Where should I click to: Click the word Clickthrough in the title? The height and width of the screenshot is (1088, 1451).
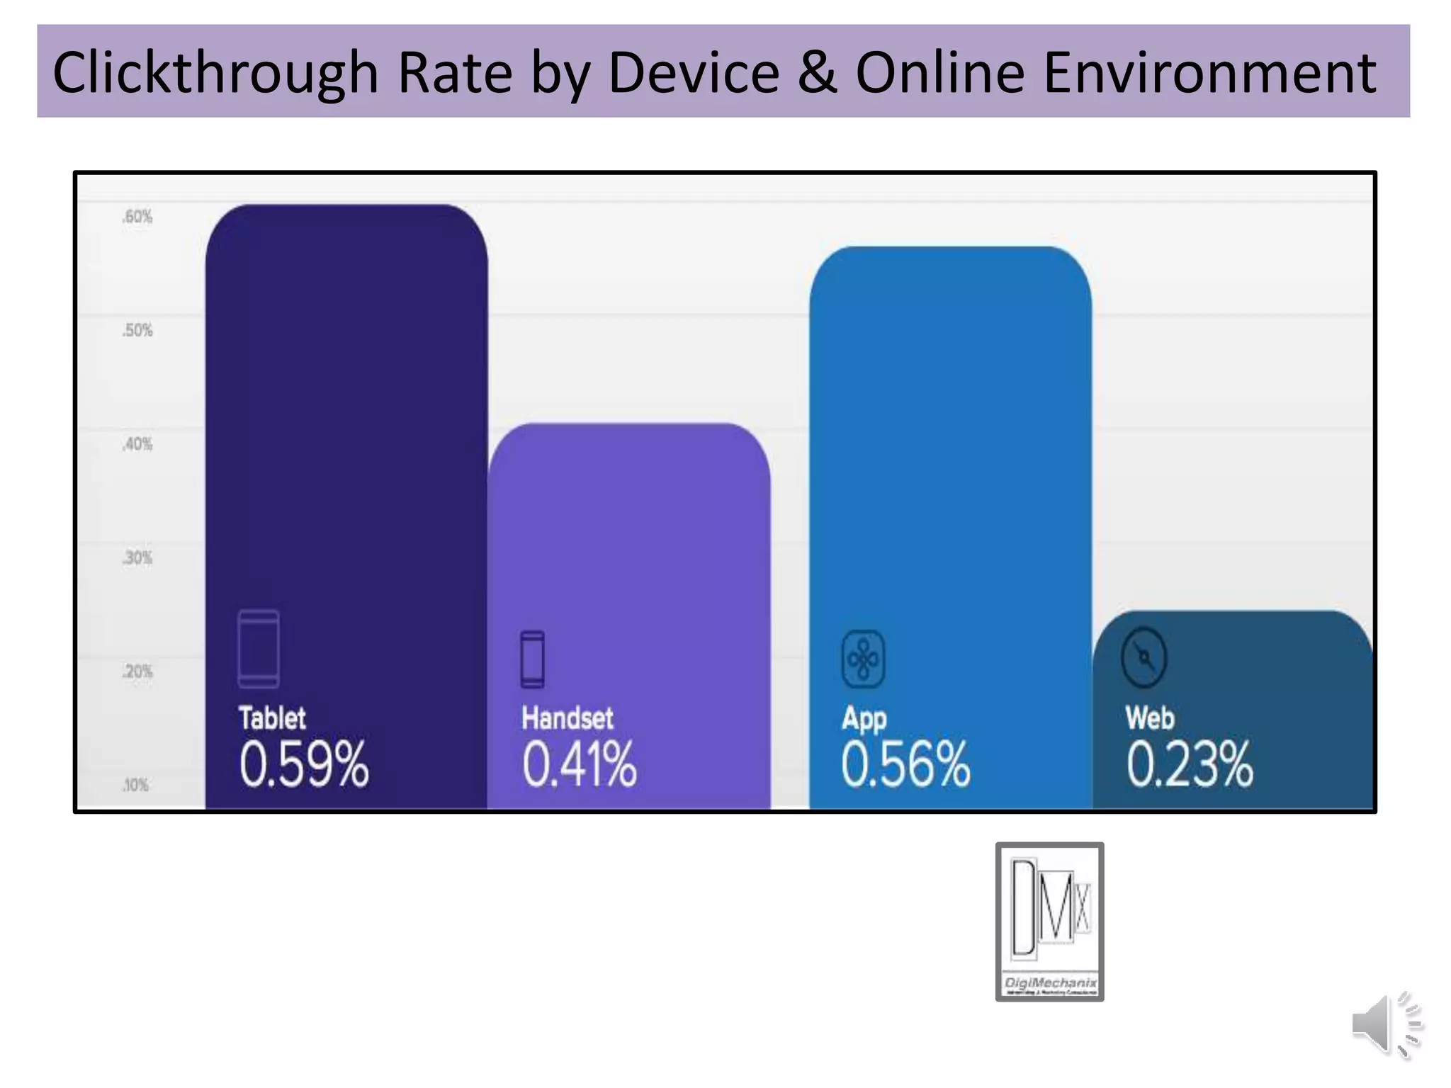215,73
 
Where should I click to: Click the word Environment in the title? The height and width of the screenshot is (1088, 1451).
1209,73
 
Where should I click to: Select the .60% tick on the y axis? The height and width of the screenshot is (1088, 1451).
137,217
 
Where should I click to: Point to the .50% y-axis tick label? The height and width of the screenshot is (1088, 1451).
137,330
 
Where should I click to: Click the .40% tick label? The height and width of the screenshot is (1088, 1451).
137,444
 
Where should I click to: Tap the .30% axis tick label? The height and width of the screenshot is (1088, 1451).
137,558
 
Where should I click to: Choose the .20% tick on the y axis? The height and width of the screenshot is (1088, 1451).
137,671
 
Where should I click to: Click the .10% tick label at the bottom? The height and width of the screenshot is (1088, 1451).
136,785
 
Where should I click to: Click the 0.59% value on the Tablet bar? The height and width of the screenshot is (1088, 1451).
303,764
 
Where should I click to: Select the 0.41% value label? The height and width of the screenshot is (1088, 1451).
579,764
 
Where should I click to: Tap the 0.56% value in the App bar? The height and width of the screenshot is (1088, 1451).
905,764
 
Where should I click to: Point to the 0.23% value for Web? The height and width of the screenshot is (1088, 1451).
1190,764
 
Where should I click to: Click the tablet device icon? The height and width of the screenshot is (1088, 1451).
259,648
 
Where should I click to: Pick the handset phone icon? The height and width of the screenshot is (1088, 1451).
533,659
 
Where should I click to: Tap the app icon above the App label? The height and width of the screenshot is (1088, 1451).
863,659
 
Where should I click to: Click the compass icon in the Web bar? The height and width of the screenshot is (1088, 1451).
1144,657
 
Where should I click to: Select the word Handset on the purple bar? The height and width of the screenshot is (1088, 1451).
567,718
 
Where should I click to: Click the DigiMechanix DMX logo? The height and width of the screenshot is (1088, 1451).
1049,921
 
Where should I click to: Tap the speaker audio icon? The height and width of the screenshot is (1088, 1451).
1386,1024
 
